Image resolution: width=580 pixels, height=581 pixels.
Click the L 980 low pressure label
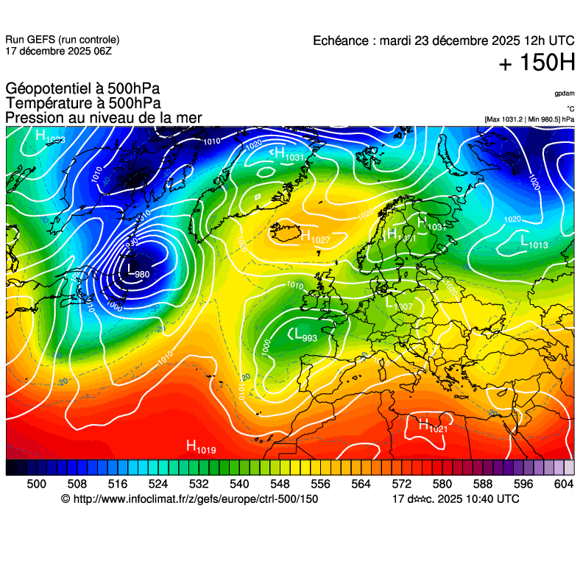point(137,272)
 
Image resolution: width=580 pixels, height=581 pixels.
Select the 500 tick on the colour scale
point(36,484)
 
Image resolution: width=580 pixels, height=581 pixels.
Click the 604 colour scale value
point(563,484)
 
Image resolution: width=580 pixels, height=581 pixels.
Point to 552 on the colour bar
point(300,484)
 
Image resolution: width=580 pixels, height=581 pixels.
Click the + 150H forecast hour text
point(537,64)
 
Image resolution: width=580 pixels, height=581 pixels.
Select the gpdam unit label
point(564,94)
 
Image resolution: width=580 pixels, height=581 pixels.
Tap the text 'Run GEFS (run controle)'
point(63,40)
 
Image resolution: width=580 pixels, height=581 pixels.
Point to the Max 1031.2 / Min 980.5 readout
point(529,119)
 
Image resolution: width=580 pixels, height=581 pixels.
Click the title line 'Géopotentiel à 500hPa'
point(82,89)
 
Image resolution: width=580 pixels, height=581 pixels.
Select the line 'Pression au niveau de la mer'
point(103,118)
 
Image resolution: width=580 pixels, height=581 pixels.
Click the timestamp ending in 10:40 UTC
point(456,499)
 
